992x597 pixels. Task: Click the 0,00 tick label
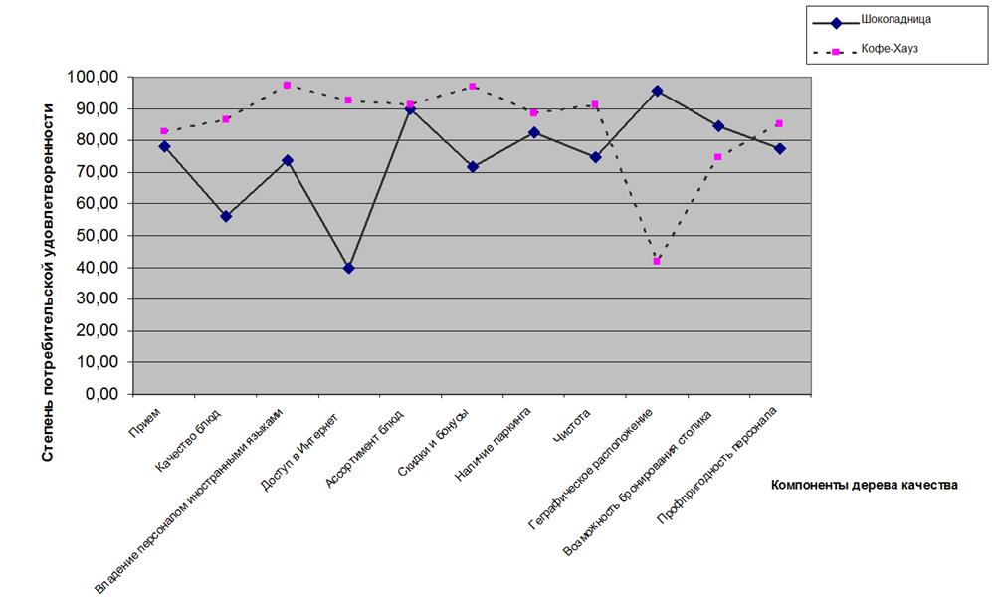click(x=100, y=394)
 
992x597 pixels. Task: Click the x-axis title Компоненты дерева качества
click(x=864, y=485)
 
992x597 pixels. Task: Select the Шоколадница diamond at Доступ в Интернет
click(x=348, y=268)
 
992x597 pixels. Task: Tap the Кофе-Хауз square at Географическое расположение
click(x=657, y=261)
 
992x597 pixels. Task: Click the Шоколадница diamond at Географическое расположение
click(x=657, y=91)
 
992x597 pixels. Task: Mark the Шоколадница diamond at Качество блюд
click(x=226, y=216)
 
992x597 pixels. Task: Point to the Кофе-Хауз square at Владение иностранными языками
click(x=287, y=86)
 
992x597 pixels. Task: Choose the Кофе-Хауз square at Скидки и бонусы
click(x=473, y=87)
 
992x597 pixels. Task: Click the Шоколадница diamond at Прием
click(x=164, y=146)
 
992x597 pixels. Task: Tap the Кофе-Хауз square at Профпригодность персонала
click(x=779, y=124)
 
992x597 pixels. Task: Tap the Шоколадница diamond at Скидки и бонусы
click(x=473, y=166)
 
